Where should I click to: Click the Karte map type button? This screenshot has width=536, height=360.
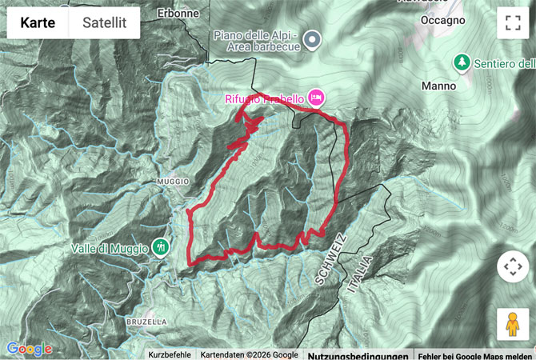[x=38, y=23]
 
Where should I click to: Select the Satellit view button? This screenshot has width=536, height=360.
[x=104, y=23]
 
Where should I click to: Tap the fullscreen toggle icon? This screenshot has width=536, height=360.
[x=513, y=23]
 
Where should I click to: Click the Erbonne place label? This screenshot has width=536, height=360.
[x=178, y=14]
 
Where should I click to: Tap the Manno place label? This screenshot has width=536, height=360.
[x=439, y=86]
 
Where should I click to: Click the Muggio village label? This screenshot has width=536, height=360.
[x=173, y=182]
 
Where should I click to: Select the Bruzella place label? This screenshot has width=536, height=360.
[x=146, y=321]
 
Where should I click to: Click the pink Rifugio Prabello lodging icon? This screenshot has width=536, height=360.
[x=315, y=98]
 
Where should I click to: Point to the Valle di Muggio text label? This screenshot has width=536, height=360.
[x=110, y=248]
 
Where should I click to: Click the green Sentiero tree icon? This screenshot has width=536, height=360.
[x=461, y=62]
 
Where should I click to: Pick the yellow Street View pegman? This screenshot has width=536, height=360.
[x=513, y=325]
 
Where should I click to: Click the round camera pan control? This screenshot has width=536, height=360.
[x=513, y=266]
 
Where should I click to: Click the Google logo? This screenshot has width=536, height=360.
[x=29, y=349]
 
